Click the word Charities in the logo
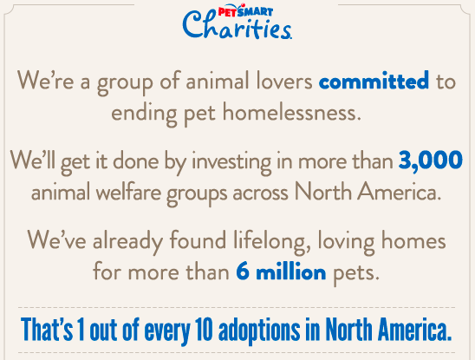click(237, 25)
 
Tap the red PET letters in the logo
click(227, 12)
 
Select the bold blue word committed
click(374, 81)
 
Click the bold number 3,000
click(431, 160)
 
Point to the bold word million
click(291, 272)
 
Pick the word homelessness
click(292, 112)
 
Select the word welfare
click(128, 193)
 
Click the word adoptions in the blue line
click(259, 330)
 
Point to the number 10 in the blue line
click(205, 329)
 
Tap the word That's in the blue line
click(47, 329)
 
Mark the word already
click(127, 242)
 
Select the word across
click(260, 193)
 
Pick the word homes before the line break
click(413, 240)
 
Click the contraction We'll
click(33, 160)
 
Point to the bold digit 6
click(243, 271)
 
